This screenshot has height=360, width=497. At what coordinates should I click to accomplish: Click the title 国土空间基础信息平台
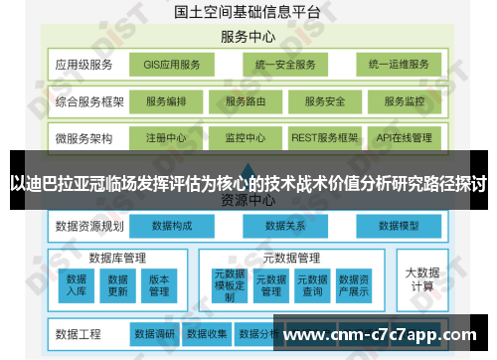click(248, 12)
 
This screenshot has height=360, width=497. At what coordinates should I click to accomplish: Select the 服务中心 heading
click(248, 37)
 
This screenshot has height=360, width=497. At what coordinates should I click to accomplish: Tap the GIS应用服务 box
click(171, 65)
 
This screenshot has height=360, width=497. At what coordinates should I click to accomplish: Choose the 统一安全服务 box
click(284, 65)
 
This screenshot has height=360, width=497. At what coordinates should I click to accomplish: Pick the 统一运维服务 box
click(398, 65)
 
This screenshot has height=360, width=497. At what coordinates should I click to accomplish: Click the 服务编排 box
click(165, 101)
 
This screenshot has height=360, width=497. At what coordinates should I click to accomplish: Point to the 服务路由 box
click(245, 101)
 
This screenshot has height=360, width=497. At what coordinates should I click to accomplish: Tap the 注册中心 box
click(165, 137)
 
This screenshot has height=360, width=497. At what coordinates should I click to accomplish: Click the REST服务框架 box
click(324, 137)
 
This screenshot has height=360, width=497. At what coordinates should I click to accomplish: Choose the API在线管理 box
click(404, 137)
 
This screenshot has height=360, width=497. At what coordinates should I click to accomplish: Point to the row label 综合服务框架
click(89, 101)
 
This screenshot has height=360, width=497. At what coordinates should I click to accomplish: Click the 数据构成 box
click(171, 226)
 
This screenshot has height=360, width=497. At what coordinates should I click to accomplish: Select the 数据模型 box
click(398, 226)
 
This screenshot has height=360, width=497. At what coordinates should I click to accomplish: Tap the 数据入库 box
click(77, 284)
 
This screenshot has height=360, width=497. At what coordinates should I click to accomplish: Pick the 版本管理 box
click(159, 284)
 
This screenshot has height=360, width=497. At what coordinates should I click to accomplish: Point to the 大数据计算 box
click(421, 277)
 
